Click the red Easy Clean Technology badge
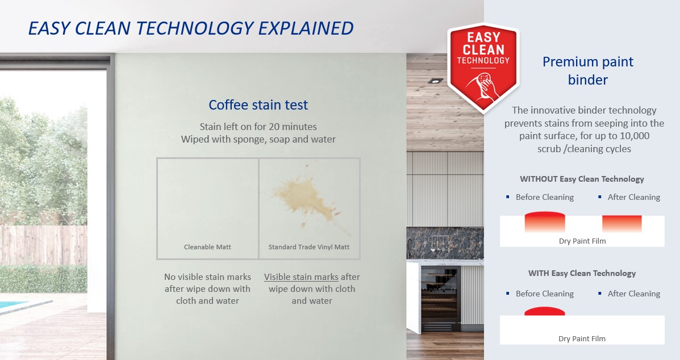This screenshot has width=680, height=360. (483, 68)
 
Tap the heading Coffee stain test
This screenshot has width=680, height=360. (258, 105)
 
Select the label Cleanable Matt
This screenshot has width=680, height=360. (207, 247)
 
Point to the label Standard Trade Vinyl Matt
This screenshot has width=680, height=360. (309, 247)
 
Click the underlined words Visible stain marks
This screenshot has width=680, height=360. (301, 277)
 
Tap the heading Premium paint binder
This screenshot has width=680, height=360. (587, 70)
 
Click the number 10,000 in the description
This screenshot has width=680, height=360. (631, 136)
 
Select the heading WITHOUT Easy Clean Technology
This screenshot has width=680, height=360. (582, 179)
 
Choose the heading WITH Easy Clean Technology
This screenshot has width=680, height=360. (582, 273)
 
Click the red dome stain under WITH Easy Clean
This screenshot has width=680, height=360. (545, 311)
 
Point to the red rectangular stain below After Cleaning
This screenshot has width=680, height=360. (622, 224)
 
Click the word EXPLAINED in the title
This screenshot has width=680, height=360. (306, 28)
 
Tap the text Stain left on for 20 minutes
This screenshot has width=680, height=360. (258, 127)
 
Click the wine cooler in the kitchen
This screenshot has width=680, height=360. (441, 299)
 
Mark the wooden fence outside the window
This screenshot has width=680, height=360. (43, 245)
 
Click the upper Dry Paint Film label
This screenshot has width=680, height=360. (582, 241)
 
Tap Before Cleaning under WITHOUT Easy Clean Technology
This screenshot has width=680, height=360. (545, 197)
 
